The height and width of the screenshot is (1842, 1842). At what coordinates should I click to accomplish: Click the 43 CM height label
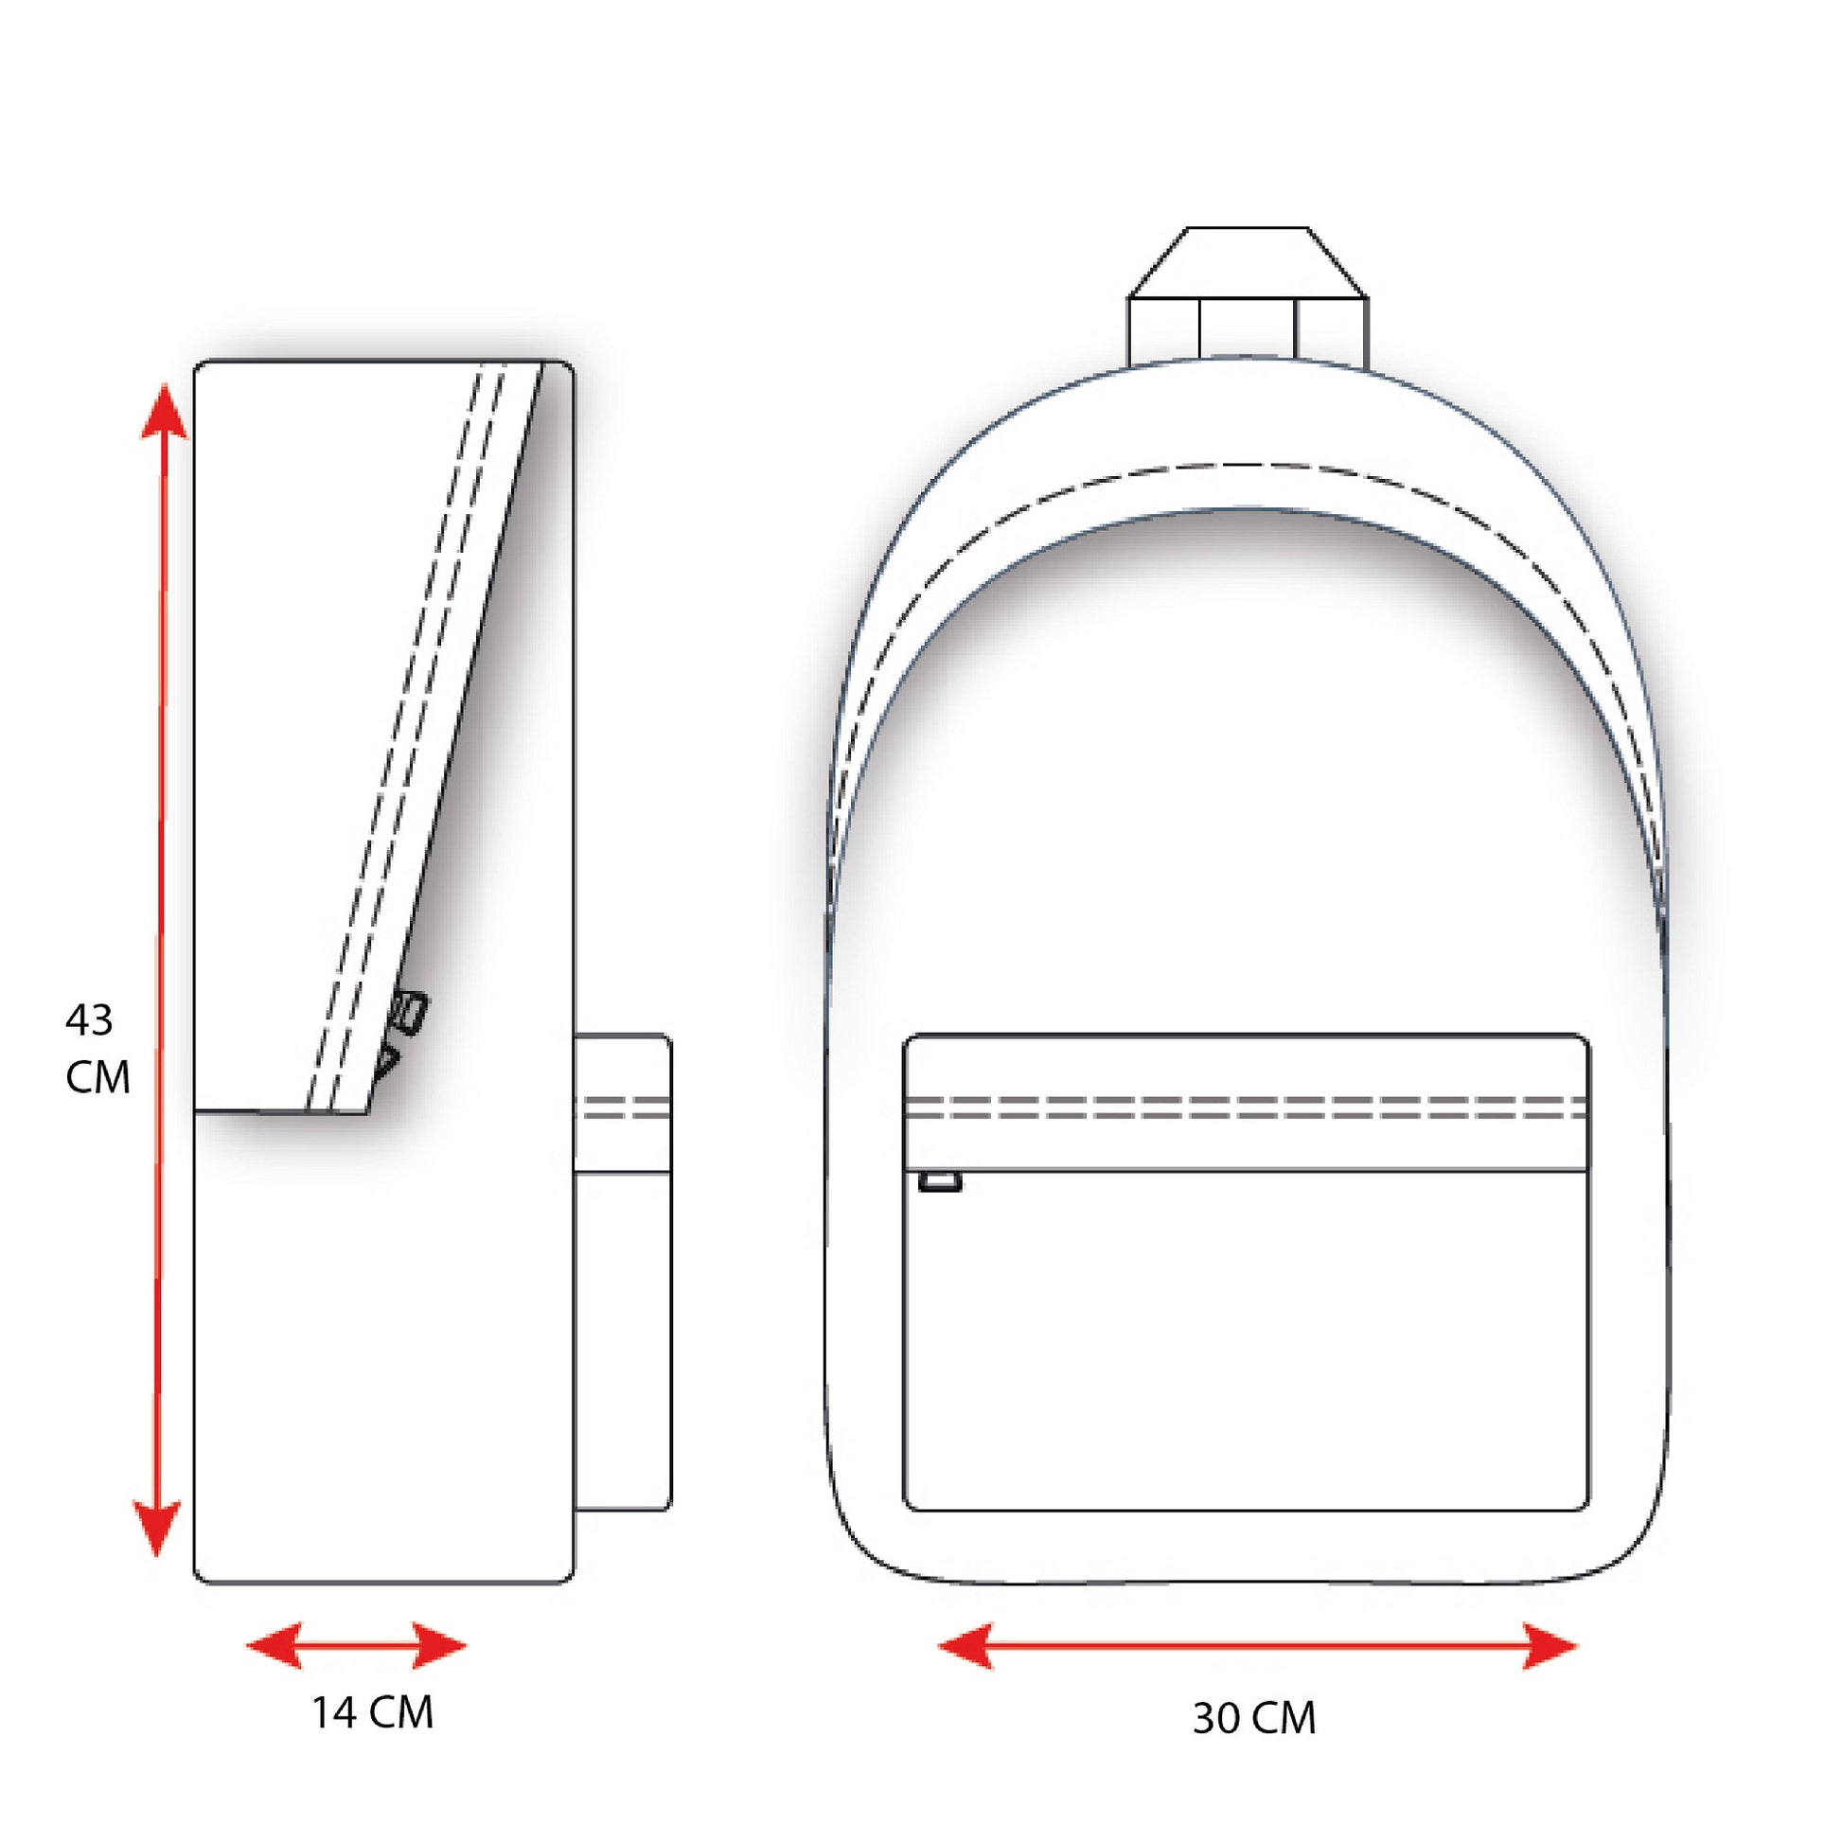pos(97,1049)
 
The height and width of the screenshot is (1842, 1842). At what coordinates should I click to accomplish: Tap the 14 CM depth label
pos(373,1711)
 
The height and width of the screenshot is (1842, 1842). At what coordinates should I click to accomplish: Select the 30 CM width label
pos(1254,1718)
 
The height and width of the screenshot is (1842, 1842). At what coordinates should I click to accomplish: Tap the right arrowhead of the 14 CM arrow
pos(438,1645)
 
